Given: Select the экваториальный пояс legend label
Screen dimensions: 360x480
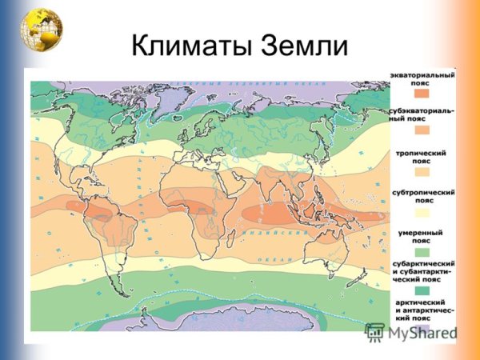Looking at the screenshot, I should coord(422,78).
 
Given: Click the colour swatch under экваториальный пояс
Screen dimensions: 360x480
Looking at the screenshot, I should coord(422,94).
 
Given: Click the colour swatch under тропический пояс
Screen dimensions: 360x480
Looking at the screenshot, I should coord(422,171).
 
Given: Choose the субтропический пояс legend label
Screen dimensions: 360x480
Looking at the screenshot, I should coord(422,198).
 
